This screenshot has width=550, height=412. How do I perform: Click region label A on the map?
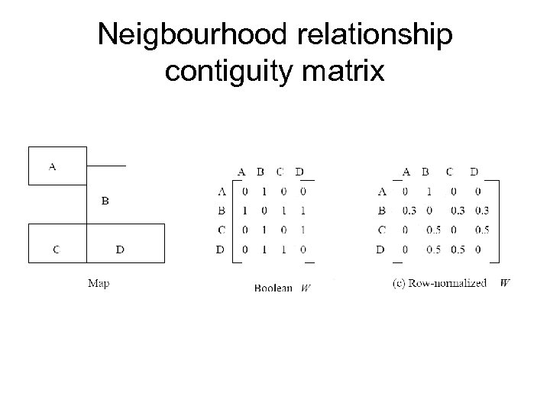coord(53,166)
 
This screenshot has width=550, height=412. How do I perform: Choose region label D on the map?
coord(120,248)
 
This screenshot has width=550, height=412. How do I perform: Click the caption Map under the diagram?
coord(99,283)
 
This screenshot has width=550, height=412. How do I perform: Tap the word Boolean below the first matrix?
coord(273,288)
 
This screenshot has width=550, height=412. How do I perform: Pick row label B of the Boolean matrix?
coord(222,211)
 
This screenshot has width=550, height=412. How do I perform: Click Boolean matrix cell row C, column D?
coord(302,230)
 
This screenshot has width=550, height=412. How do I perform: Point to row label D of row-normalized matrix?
coord(380,249)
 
